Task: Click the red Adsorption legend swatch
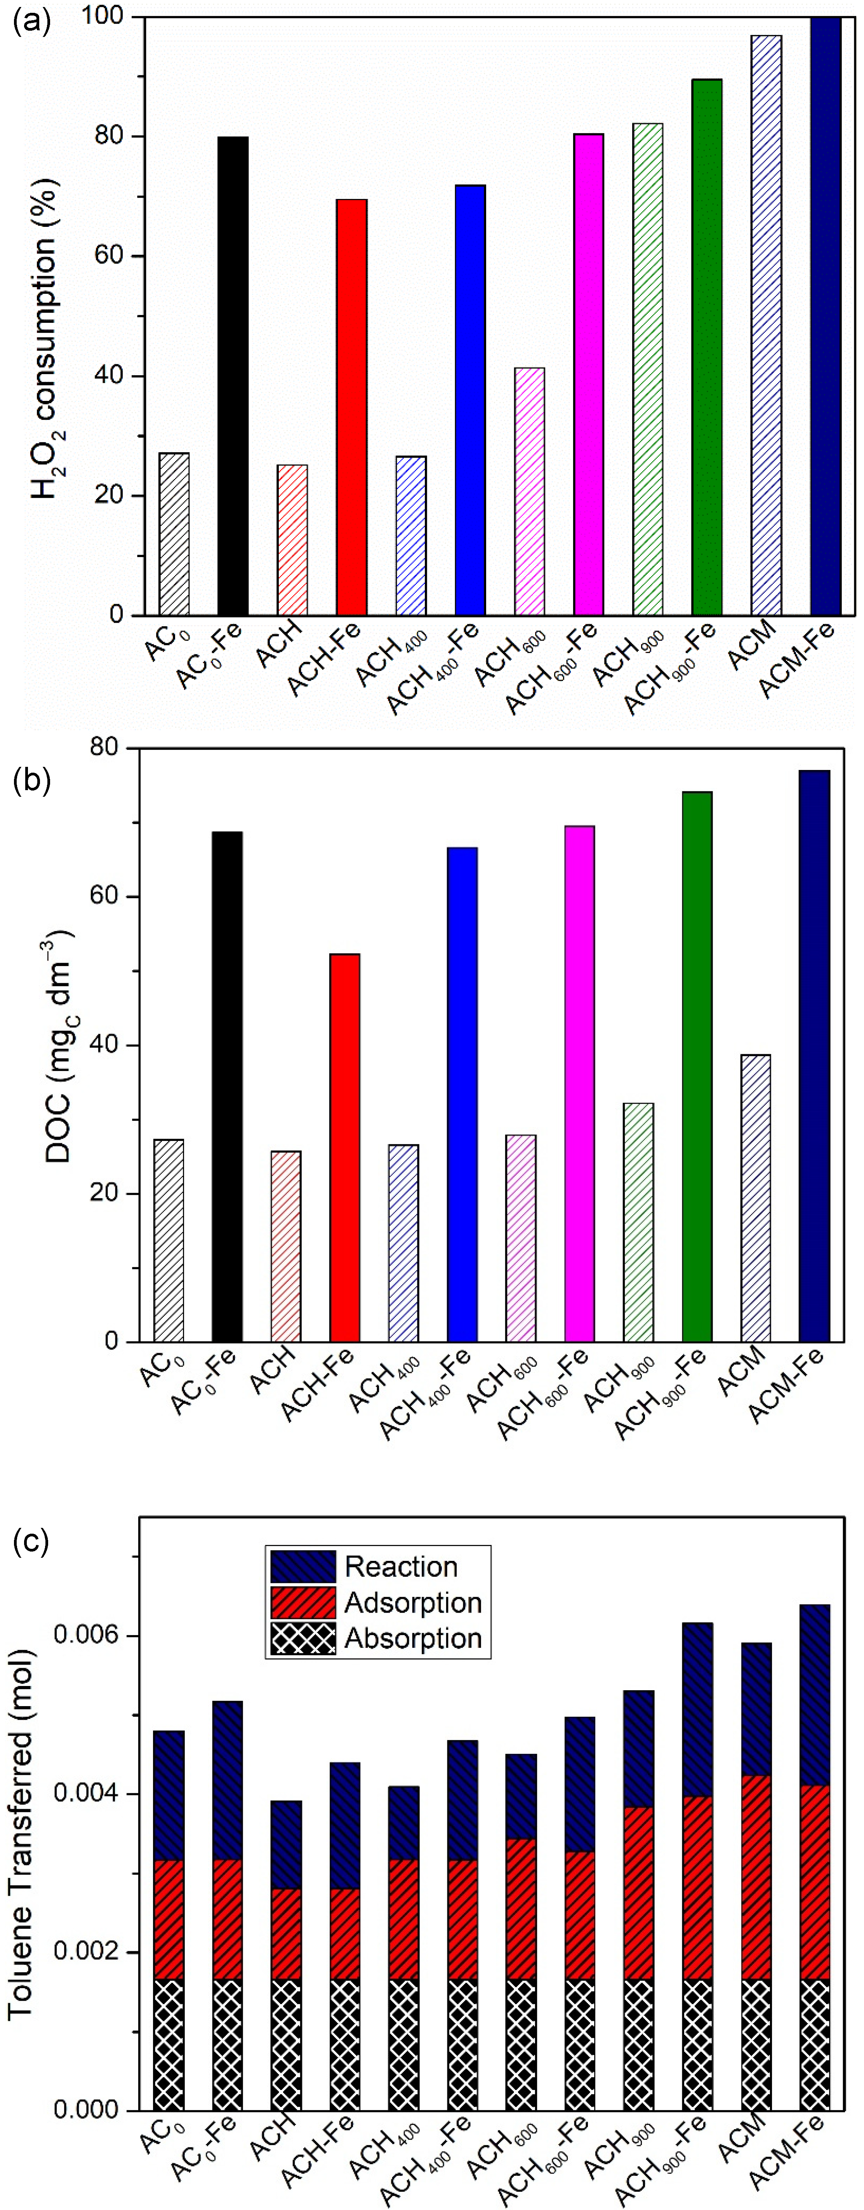(302, 1602)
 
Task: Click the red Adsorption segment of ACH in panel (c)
(286, 1922)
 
